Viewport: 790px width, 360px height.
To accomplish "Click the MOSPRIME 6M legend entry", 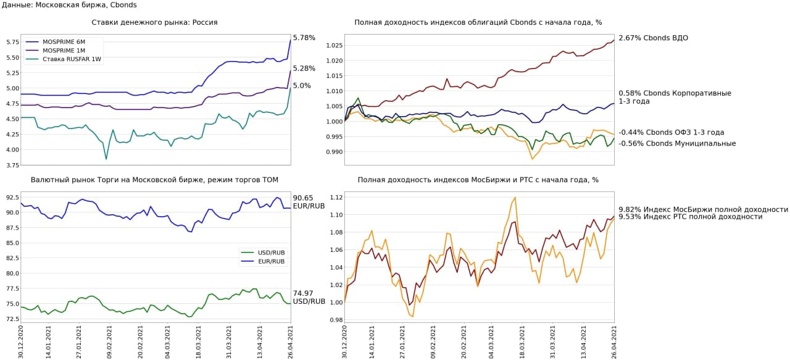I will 62,42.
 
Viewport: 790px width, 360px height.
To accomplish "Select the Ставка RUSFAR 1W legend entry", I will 67,60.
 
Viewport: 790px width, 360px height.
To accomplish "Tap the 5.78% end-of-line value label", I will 304,38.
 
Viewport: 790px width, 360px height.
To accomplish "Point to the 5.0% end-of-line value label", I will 302,86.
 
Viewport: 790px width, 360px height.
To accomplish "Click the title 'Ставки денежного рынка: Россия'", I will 154,22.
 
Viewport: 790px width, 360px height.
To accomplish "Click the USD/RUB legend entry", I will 270,253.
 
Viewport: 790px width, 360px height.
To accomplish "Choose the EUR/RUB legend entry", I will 270,261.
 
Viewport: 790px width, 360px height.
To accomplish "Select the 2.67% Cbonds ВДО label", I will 653,38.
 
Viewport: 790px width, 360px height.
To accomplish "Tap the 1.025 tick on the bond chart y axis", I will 332,46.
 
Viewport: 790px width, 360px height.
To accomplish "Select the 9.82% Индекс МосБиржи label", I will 703,209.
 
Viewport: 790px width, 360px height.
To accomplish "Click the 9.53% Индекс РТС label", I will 690,217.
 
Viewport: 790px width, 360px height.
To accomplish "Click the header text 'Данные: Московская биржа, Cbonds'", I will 69,5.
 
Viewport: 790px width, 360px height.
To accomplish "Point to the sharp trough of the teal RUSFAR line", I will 106,159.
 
